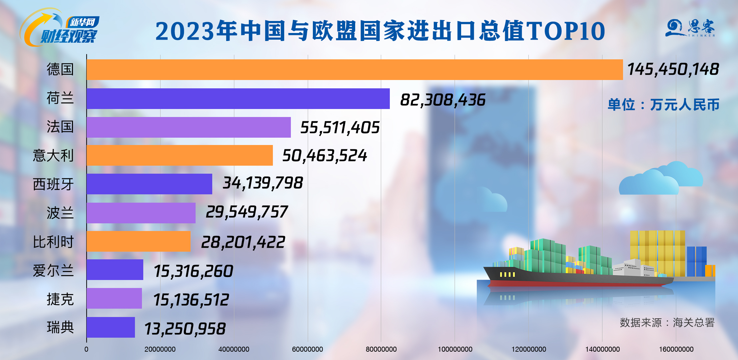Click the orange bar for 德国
355,70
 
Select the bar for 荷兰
238,99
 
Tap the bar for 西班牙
149,184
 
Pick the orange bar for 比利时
138,242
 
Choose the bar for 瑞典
111,327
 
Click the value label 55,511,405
340,128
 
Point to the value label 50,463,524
325,156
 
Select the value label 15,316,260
193,271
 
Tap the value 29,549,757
247,212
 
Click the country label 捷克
60,299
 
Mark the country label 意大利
53,156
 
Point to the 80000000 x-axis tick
381,349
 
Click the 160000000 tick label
676,349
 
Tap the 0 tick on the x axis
86,349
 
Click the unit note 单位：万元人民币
663,105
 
